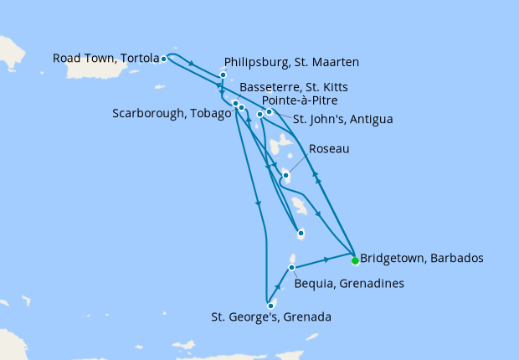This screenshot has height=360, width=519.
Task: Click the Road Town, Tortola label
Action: pos(105,59)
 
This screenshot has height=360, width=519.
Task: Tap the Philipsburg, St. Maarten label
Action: pos(292,62)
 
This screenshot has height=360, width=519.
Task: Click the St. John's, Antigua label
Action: pos(342,119)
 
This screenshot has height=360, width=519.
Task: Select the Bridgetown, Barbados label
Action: pos(421,258)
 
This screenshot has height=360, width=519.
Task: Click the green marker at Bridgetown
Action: pos(355,260)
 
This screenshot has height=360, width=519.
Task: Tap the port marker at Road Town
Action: pos(163,59)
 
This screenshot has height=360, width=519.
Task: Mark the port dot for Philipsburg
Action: pos(223,75)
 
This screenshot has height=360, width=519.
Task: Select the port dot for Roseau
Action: pos(286,175)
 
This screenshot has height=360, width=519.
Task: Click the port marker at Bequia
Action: pos(291,268)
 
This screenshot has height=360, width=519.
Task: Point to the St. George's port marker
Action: pos(270,306)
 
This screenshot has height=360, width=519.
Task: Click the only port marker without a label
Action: pos(301,234)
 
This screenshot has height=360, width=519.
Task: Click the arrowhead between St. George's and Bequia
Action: pos(278,287)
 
